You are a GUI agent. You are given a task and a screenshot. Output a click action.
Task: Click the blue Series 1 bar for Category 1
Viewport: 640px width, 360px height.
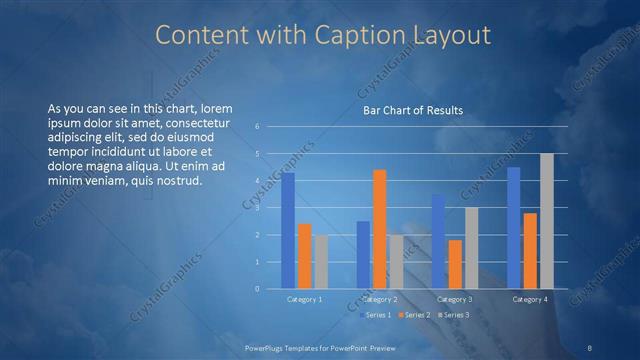coord(288,230)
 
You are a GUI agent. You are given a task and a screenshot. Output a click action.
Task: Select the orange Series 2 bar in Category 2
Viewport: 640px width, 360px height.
coord(379,229)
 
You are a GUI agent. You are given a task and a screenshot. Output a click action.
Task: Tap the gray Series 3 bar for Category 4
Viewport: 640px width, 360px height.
coord(546,221)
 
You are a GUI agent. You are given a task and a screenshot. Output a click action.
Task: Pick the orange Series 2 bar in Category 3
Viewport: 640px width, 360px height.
coord(455,264)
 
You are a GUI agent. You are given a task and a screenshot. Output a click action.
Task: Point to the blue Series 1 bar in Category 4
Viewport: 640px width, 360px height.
coord(514,228)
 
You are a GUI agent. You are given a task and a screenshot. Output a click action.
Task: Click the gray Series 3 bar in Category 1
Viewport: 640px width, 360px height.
coord(320,262)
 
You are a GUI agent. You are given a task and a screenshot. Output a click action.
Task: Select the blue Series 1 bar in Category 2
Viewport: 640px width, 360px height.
coord(363,255)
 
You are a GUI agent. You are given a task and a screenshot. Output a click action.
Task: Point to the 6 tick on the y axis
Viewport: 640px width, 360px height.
coord(258,127)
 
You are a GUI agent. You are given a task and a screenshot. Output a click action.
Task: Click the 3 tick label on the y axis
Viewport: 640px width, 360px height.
coord(258,208)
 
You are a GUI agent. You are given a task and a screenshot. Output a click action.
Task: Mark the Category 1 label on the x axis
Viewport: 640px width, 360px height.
coord(304,300)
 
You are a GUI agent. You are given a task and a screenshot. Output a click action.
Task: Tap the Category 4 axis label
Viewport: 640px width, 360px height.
coord(530,300)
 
